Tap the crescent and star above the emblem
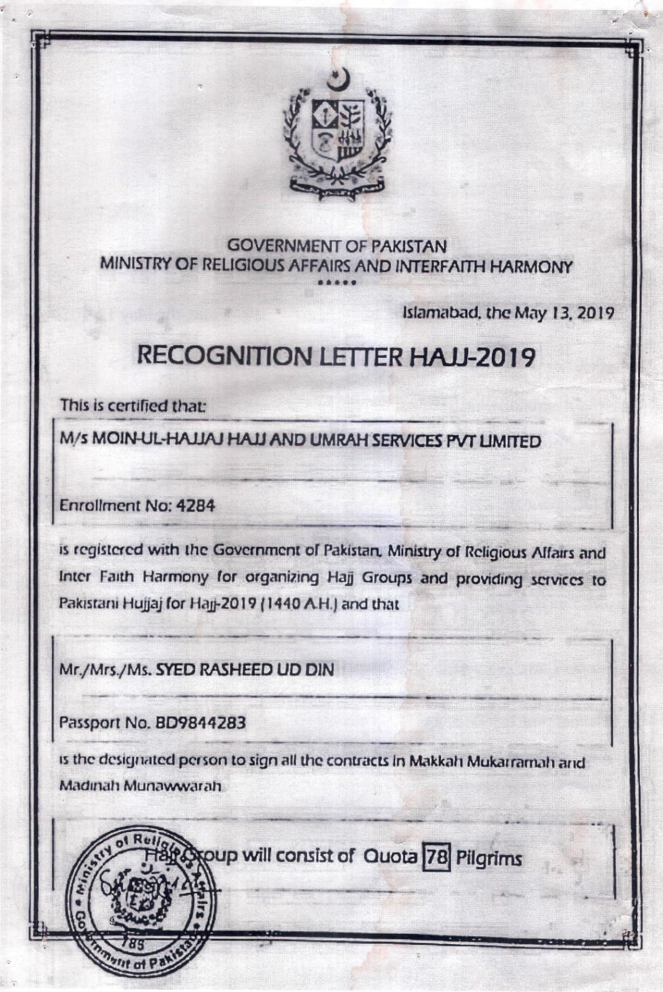tap(339, 79)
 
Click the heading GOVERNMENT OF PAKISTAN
tap(337, 246)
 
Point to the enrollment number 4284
tap(196, 505)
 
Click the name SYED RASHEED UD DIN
tap(244, 670)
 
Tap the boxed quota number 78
tap(436, 859)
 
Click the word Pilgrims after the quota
tap(489, 859)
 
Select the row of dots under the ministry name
tap(337, 283)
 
